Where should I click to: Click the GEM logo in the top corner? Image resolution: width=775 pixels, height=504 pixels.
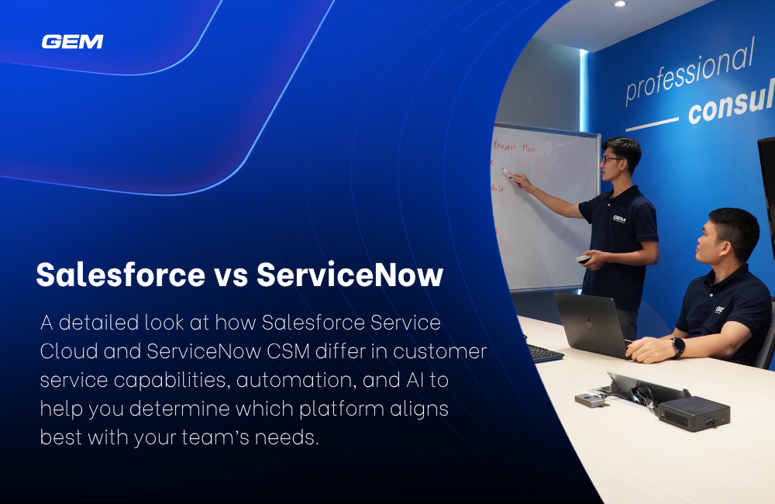coord(72,42)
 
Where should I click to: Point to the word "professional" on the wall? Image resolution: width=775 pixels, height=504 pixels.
coord(689,72)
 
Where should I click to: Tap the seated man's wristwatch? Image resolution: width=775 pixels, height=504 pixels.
coord(678,347)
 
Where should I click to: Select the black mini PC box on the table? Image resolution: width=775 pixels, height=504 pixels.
coord(694,412)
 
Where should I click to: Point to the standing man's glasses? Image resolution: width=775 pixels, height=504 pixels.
coord(611,160)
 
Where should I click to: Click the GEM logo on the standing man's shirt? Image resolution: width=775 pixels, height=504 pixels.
coord(618,219)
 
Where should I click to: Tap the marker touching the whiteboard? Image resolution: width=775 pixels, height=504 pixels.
coord(508,173)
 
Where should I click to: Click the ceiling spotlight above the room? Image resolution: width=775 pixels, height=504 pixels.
coord(619,4)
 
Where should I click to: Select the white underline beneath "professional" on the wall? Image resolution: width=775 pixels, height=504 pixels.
coord(653,124)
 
